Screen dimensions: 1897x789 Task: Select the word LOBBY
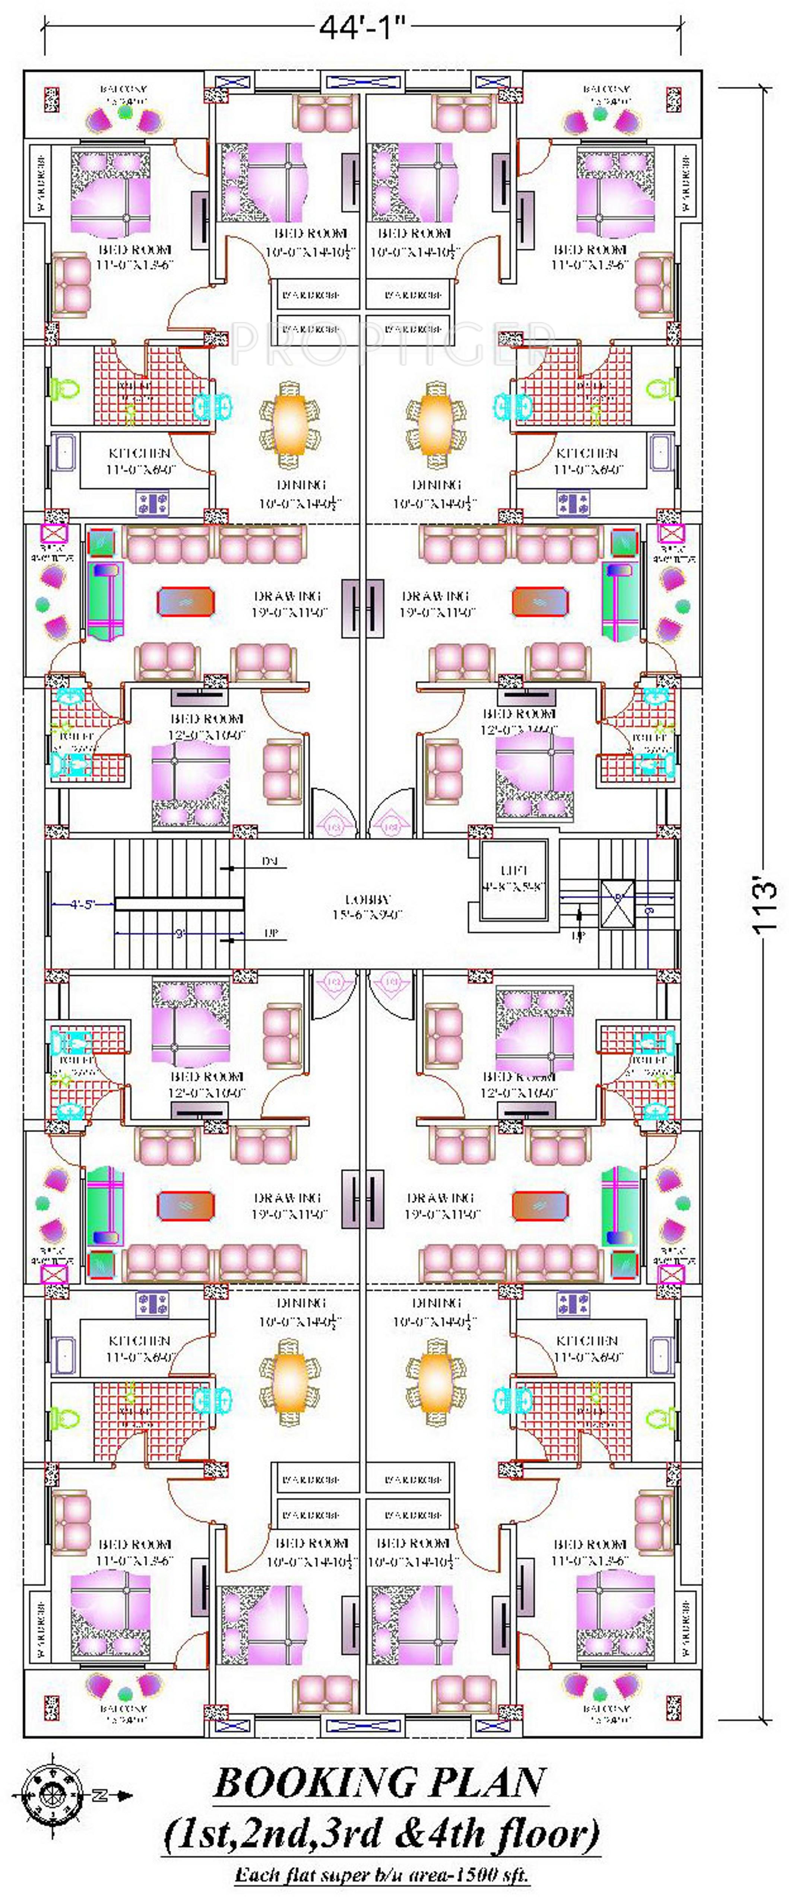pos(368,899)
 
